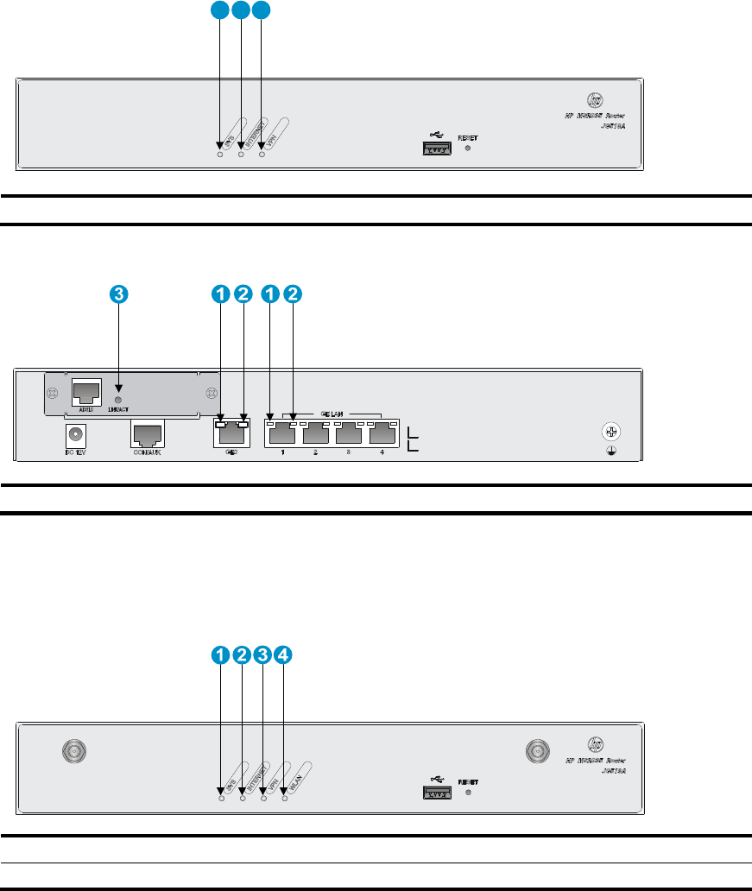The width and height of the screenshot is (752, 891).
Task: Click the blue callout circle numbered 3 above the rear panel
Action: tap(119, 294)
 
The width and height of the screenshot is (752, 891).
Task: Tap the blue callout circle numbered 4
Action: tap(283, 655)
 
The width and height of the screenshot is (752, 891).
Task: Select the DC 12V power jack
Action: tap(79, 437)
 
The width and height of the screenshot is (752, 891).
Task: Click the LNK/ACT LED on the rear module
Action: tap(118, 400)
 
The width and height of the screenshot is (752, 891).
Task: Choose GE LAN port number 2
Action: tap(314, 435)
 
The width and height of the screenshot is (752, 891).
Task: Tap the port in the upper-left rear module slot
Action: tap(86, 393)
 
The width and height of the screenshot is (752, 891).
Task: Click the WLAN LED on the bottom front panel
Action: tap(283, 791)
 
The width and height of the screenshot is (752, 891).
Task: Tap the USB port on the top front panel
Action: tap(439, 148)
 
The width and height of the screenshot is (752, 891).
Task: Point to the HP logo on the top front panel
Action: tap(594, 99)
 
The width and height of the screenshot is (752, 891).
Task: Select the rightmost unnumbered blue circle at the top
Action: tap(261, 10)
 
